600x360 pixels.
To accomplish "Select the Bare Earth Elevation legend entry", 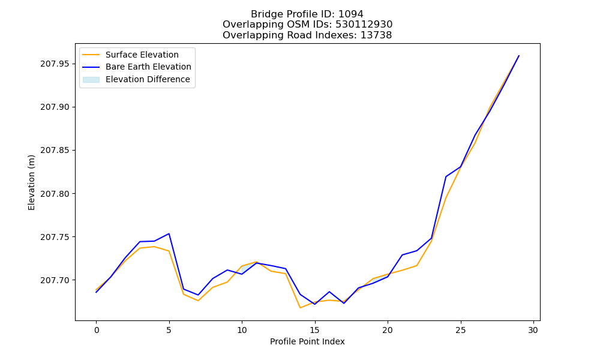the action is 137,67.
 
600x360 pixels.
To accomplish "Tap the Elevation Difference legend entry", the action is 136,79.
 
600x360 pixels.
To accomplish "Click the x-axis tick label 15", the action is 315,330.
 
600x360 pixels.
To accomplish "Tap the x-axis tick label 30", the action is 533,330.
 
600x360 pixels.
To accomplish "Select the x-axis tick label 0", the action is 97,330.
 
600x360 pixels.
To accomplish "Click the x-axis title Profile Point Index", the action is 307,341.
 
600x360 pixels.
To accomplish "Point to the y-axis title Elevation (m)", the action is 31,182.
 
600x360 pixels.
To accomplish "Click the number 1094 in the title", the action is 351,14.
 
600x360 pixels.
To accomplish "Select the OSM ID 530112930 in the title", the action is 364,25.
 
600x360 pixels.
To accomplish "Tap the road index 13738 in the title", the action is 376,35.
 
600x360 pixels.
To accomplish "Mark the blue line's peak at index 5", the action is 169,233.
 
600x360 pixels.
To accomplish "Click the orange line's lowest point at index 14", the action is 300,308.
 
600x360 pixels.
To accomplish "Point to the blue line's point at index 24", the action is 446,176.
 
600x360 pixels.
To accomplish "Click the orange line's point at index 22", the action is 417,266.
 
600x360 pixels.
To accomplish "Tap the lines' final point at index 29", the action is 519,56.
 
